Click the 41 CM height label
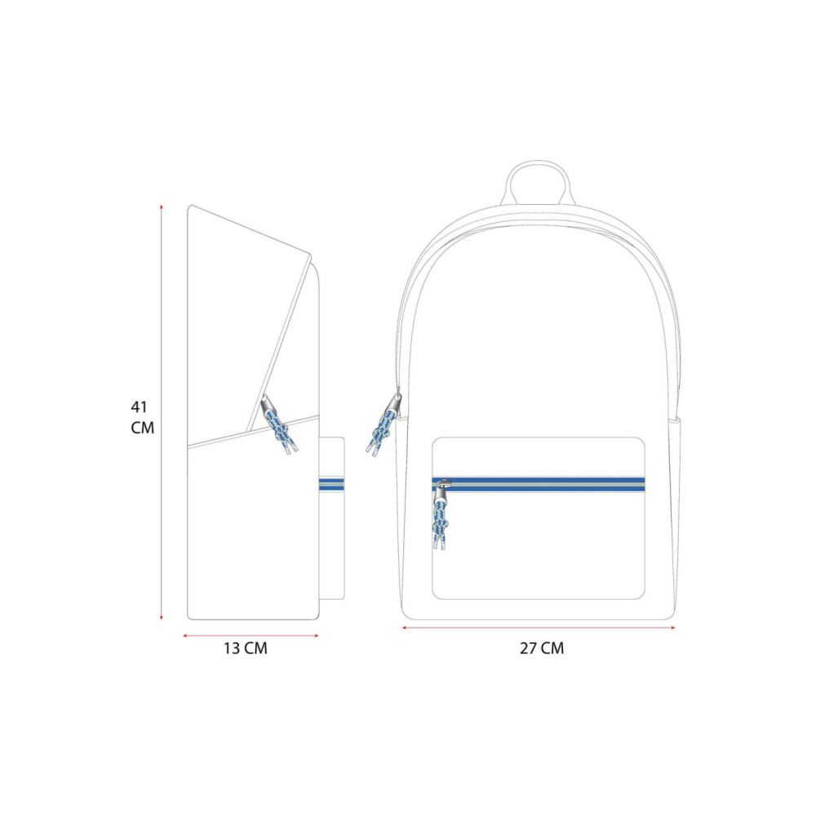pos(142,417)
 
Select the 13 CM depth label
pos(246,649)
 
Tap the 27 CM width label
pos(542,649)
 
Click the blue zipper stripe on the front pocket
pos(539,485)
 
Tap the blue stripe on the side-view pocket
pos(331,485)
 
